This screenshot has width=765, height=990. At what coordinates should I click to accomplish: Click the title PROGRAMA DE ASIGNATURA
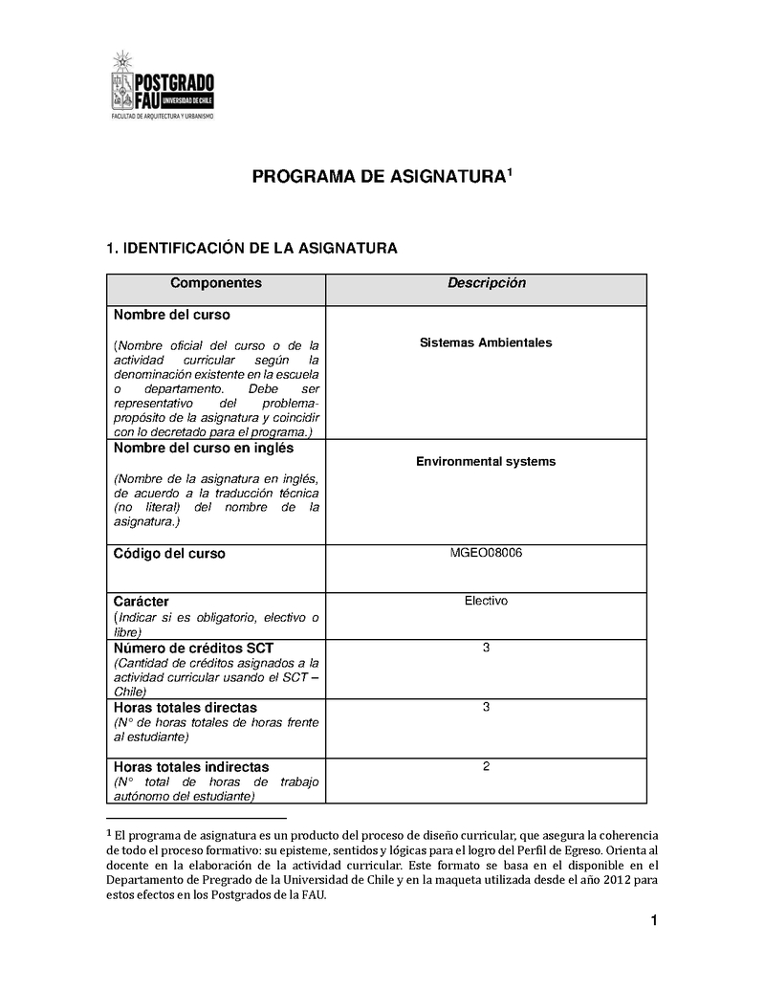(378, 177)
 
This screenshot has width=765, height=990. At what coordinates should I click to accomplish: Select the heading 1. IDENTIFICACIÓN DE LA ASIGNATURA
(251, 249)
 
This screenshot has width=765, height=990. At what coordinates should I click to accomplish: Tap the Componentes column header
(215, 283)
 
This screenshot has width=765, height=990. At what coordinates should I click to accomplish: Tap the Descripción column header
(487, 283)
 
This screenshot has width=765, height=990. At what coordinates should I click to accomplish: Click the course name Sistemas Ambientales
(486, 342)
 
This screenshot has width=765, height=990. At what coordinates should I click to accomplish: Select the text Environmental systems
(486, 461)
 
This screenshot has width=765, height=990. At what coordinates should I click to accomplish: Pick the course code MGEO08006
(486, 553)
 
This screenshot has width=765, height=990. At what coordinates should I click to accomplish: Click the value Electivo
(486, 601)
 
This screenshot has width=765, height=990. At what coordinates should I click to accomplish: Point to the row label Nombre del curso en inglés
(204, 448)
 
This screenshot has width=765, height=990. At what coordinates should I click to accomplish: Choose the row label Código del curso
(169, 554)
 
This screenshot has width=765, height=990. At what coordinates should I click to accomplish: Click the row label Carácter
(142, 602)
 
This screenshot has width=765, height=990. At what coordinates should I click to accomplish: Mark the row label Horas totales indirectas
(191, 767)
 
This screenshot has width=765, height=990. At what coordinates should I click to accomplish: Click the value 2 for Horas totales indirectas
(486, 766)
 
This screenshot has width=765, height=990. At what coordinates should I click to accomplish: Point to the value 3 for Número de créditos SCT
(486, 648)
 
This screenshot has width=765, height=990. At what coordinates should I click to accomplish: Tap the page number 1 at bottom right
(653, 921)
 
